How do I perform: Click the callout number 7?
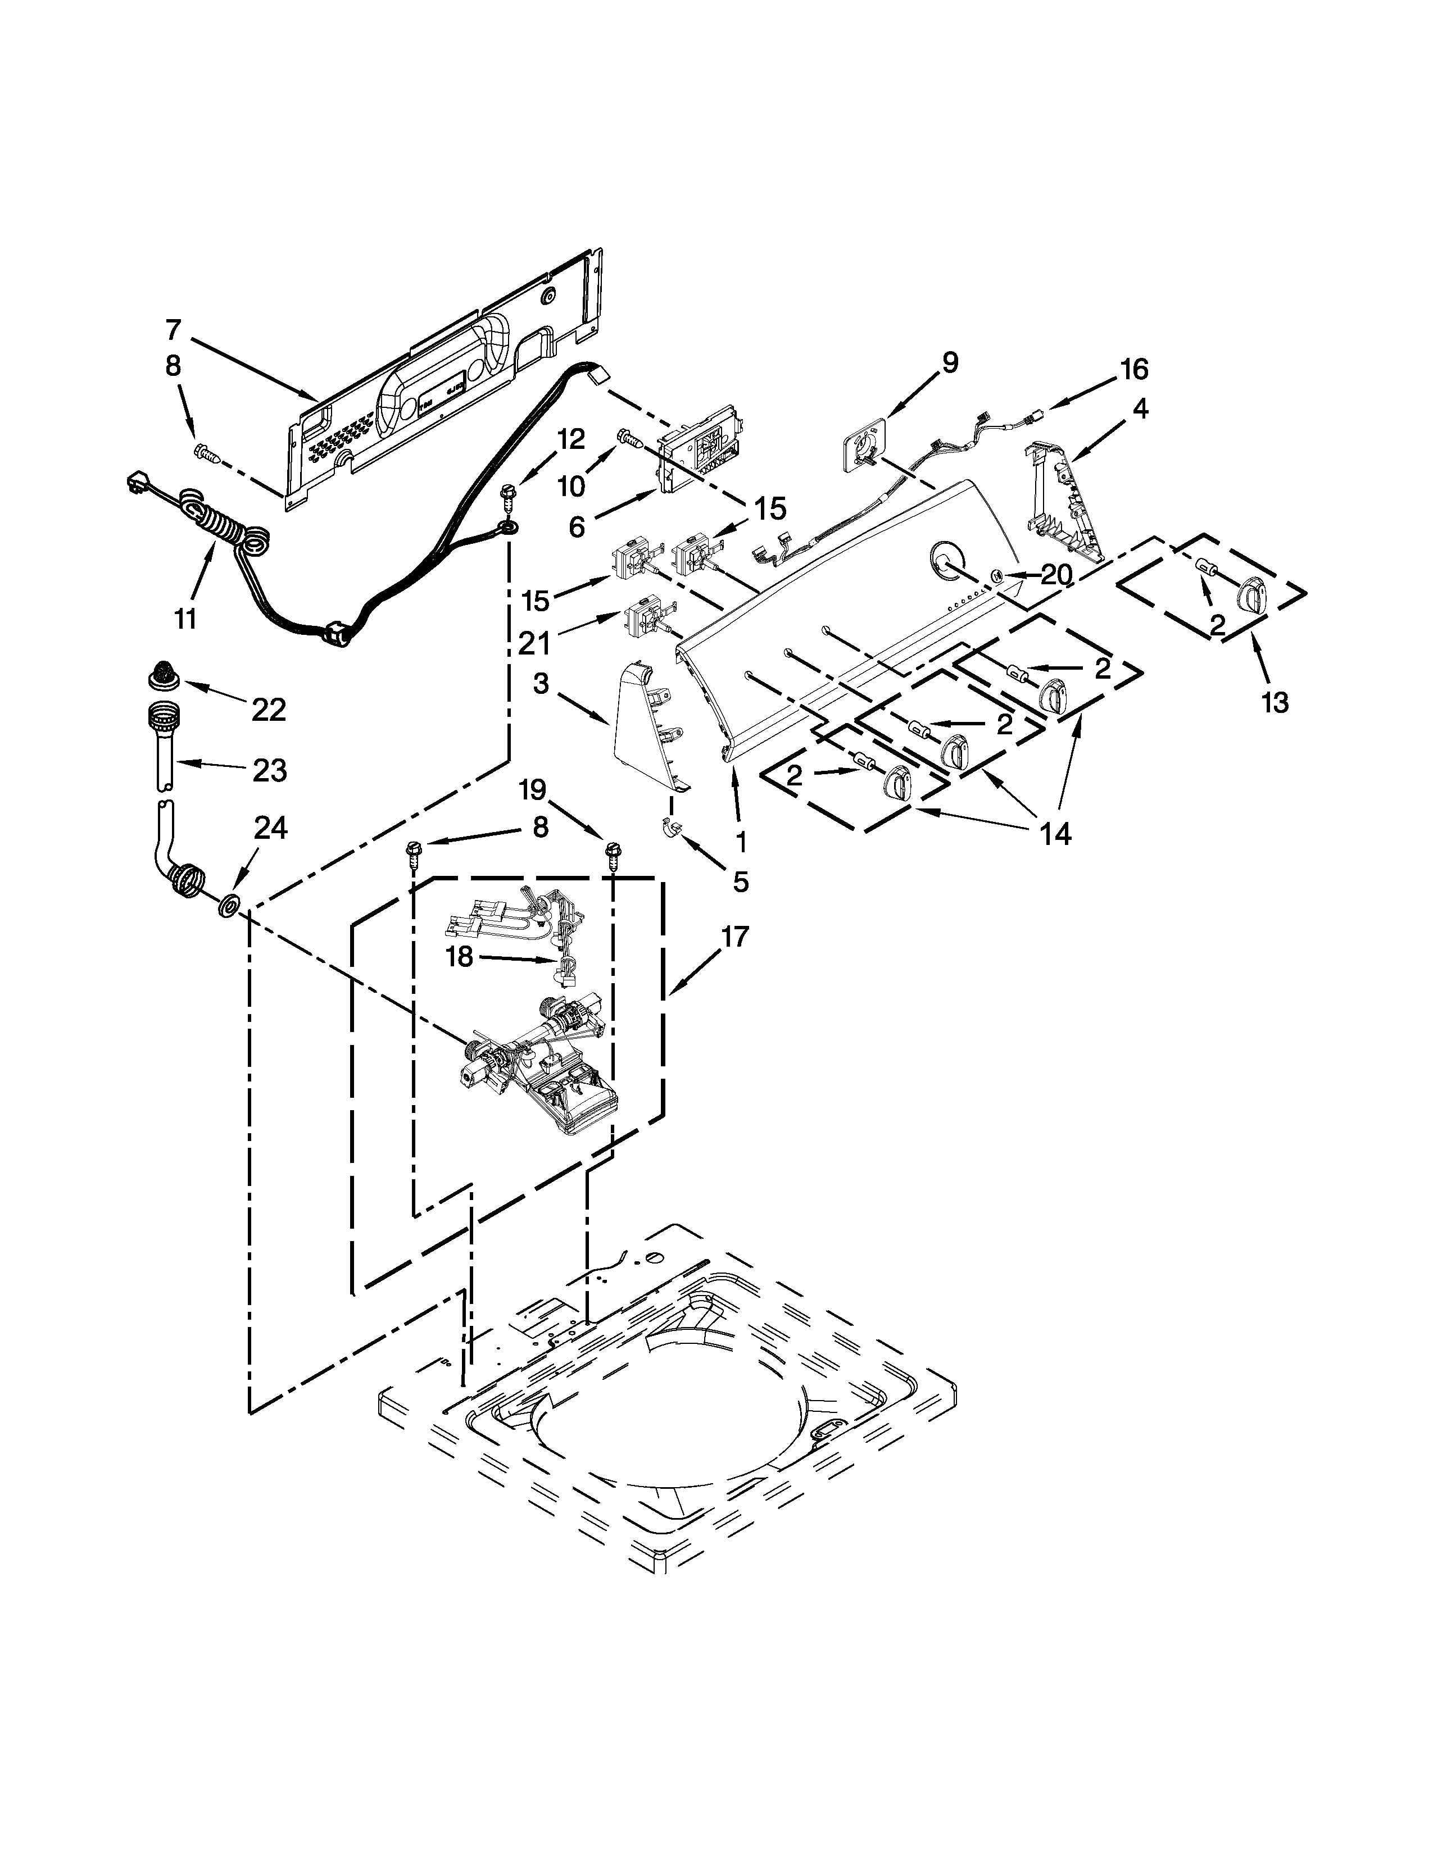[173, 329]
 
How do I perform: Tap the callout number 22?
[269, 710]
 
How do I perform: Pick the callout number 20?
[1057, 575]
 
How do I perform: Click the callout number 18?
[459, 957]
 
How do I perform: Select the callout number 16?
[1134, 369]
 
